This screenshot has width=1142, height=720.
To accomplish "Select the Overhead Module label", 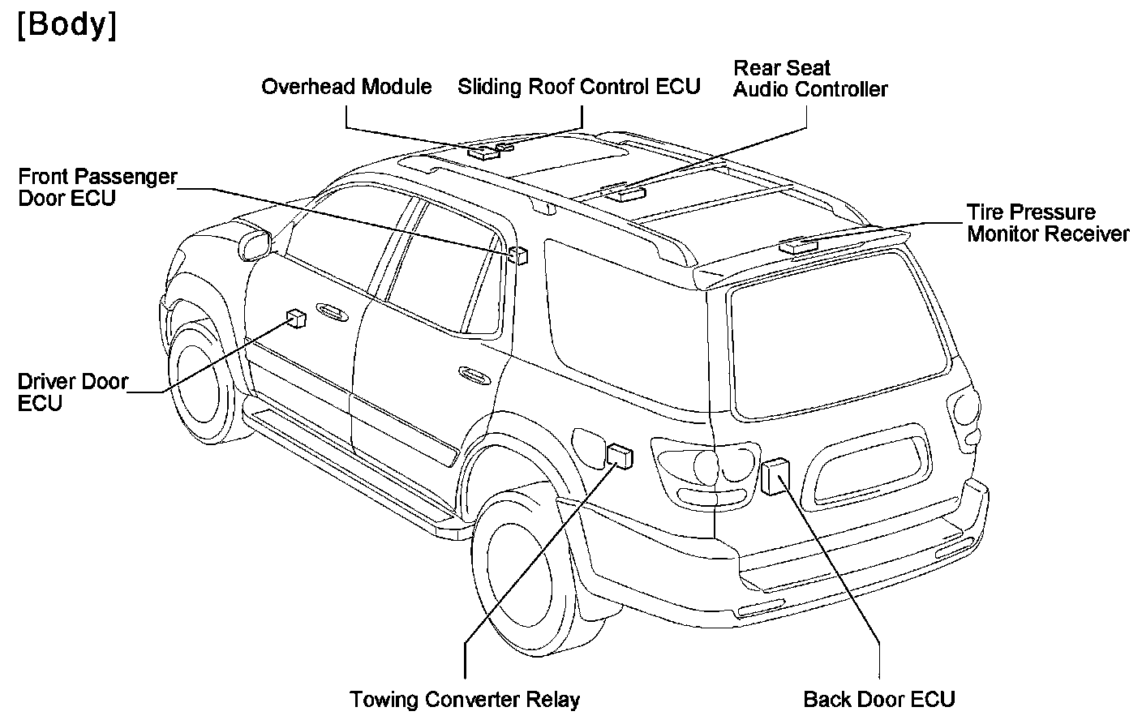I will pyautogui.click(x=346, y=87).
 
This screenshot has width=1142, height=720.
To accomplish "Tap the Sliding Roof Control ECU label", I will pyautogui.click(x=578, y=87).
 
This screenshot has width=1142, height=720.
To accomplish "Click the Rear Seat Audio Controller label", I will pyautogui.click(x=809, y=79).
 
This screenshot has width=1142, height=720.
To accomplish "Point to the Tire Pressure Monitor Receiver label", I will pyautogui.click(x=1047, y=223).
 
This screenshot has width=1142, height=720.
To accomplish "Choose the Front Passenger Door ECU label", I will pyautogui.click(x=97, y=187).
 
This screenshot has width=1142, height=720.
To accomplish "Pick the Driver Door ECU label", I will pyautogui.click(x=73, y=392).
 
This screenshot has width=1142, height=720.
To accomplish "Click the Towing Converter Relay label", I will pyautogui.click(x=465, y=699).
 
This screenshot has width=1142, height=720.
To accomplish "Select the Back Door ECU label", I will pyautogui.click(x=879, y=699).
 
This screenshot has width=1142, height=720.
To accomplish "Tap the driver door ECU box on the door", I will pyautogui.click(x=296, y=318).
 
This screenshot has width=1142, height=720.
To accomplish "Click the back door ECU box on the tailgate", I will pyautogui.click(x=775, y=476).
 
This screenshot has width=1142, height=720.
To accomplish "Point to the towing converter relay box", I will pyautogui.click(x=620, y=456).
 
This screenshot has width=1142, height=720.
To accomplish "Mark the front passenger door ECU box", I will pyautogui.click(x=520, y=255).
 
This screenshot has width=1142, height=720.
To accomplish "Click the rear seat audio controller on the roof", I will pyautogui.click(x=625, y=191).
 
